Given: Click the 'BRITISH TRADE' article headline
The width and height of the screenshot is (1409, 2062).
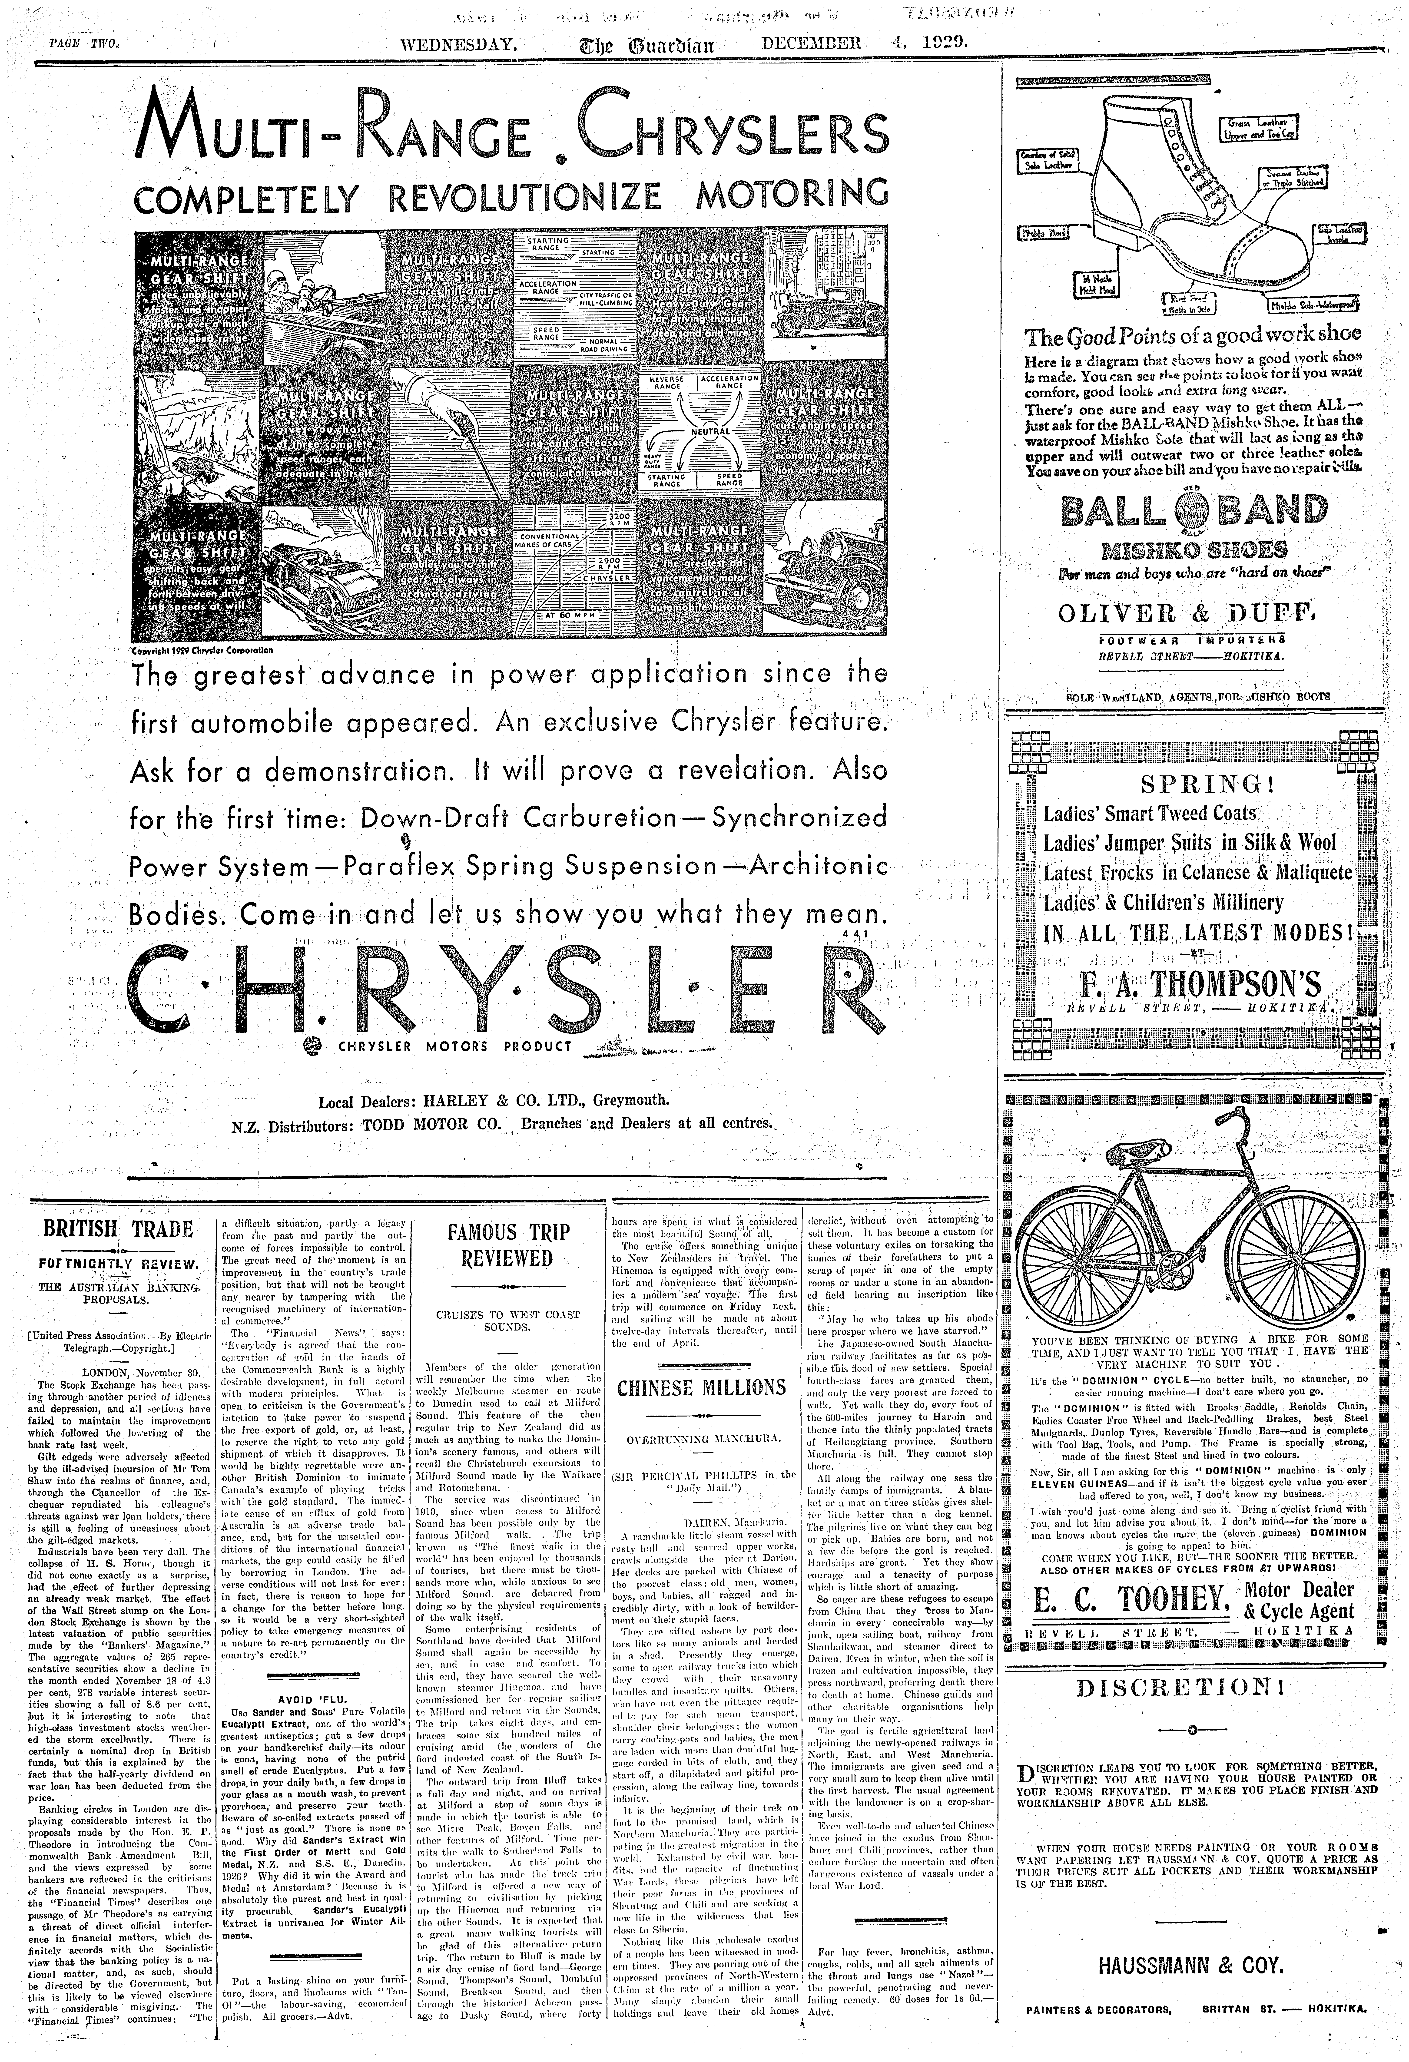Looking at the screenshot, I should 118,1229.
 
